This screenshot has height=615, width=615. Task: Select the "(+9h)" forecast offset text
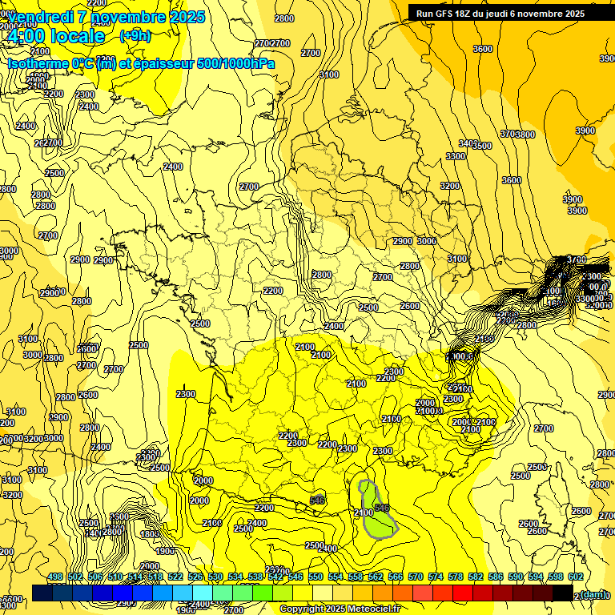coord(135,35)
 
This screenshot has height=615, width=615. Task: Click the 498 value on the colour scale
coord(55,577)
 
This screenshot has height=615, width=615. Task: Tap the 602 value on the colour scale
coord(576,577)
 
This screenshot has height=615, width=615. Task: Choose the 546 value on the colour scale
coord(295,577)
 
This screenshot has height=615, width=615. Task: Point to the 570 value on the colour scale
coord(416,577)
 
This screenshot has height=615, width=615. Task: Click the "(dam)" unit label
coord(593,593)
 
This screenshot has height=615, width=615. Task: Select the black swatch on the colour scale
coord(562,593)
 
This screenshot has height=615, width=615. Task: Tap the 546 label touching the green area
coord(382,508)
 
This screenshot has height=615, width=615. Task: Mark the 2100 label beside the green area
coord(363,512)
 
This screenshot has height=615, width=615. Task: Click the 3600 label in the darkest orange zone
coord(483,49)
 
